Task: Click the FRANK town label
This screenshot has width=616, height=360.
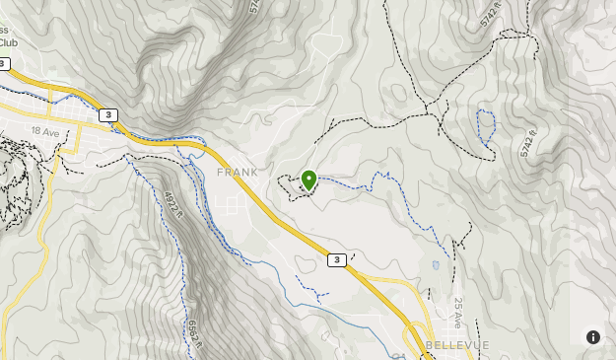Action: (238, 172)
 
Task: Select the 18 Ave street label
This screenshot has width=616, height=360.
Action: (44, 130)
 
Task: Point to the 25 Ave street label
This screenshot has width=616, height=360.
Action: (458, 313)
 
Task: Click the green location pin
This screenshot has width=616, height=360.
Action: (308, 180)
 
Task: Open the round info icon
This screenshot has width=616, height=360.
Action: (593, 336)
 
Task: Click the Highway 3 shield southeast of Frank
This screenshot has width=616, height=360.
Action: (337, 260)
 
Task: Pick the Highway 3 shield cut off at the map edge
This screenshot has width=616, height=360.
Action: (4, 64)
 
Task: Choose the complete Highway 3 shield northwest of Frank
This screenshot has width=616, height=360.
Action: (107, 115)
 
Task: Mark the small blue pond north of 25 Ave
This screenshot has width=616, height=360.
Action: (434, 264)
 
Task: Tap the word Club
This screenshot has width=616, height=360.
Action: (8, 42)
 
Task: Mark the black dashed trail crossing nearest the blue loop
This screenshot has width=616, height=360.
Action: (439, 114)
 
